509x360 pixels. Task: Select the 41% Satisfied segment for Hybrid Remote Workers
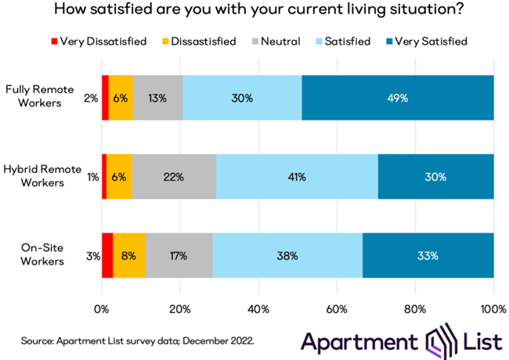(292, 177)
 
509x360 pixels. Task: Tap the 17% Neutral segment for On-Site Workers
(179, 254)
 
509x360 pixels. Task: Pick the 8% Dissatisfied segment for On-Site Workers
(129, 254)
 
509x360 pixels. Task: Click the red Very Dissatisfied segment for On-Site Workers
(107, 254)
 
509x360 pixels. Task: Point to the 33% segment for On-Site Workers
(428, 254)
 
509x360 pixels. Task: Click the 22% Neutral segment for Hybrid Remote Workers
(174, 177)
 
